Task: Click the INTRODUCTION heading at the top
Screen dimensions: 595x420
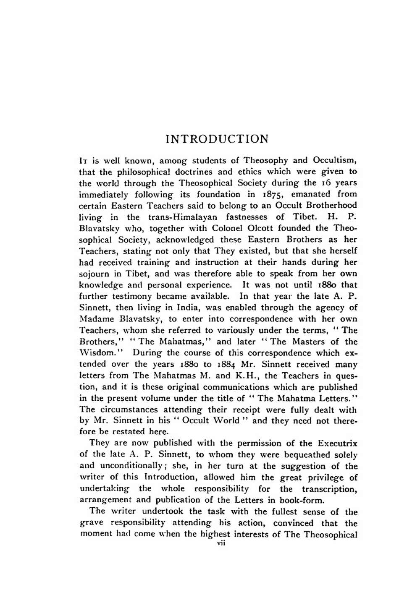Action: [217, 139]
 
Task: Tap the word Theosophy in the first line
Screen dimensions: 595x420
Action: [266, 160]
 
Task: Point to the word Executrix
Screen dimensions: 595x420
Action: [337, 444]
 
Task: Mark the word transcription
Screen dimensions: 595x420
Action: [329, 489]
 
